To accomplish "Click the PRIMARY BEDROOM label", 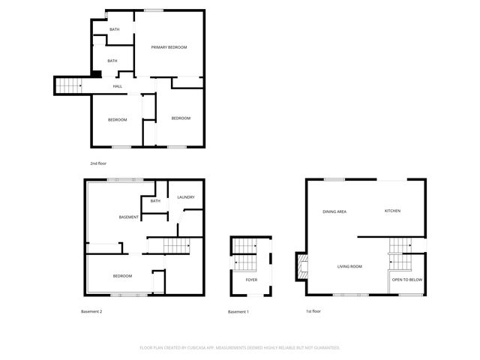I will [169, 47].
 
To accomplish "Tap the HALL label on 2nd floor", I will [118, 86].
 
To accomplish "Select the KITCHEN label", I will [392, 211].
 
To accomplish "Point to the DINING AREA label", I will [334, 211].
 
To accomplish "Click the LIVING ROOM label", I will [349, 266].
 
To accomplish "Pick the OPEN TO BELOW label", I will [407, 280].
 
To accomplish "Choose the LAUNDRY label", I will [186, 197].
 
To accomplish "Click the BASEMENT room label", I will [129, 217].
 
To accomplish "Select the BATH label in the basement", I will [155, 200].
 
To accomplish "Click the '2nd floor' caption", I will [97, 163].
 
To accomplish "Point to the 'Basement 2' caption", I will [91, 311].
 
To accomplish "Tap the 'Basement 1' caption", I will [238, 311].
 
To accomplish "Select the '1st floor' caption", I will [313, 311].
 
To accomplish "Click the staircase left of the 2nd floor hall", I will [69, 85].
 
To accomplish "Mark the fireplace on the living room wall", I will [302, 265].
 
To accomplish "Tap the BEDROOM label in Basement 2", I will [122, 276].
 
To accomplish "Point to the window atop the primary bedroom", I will [154, 10].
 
